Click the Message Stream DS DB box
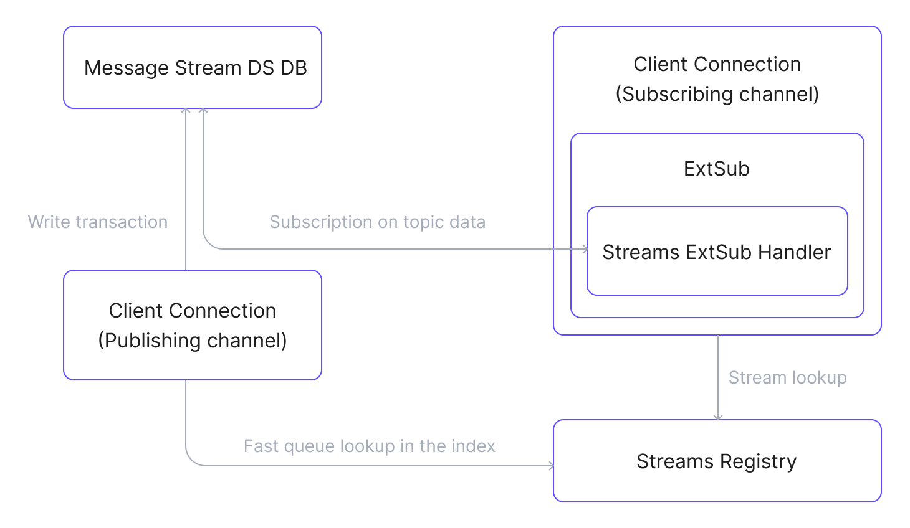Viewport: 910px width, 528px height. (192, 67)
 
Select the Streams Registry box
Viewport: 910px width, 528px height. (717, 461)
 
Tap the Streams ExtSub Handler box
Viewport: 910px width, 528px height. (717, 252)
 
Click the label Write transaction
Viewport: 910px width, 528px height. (98, 222)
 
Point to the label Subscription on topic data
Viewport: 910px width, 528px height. (377, 222)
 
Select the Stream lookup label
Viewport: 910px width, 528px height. (787, 377)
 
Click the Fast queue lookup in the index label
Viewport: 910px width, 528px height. (369, 446)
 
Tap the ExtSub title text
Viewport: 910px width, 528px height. (716, 169)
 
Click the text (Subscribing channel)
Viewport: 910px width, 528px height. (717, 94)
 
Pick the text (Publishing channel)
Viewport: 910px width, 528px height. (192, 341)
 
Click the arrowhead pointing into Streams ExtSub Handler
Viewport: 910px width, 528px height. (585, 249)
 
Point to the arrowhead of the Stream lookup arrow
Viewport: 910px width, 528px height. (718, 417)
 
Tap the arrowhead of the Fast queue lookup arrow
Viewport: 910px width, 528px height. (550, 465)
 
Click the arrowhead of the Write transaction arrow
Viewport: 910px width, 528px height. (186, 111)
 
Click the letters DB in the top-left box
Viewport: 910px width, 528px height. (294, 67)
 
